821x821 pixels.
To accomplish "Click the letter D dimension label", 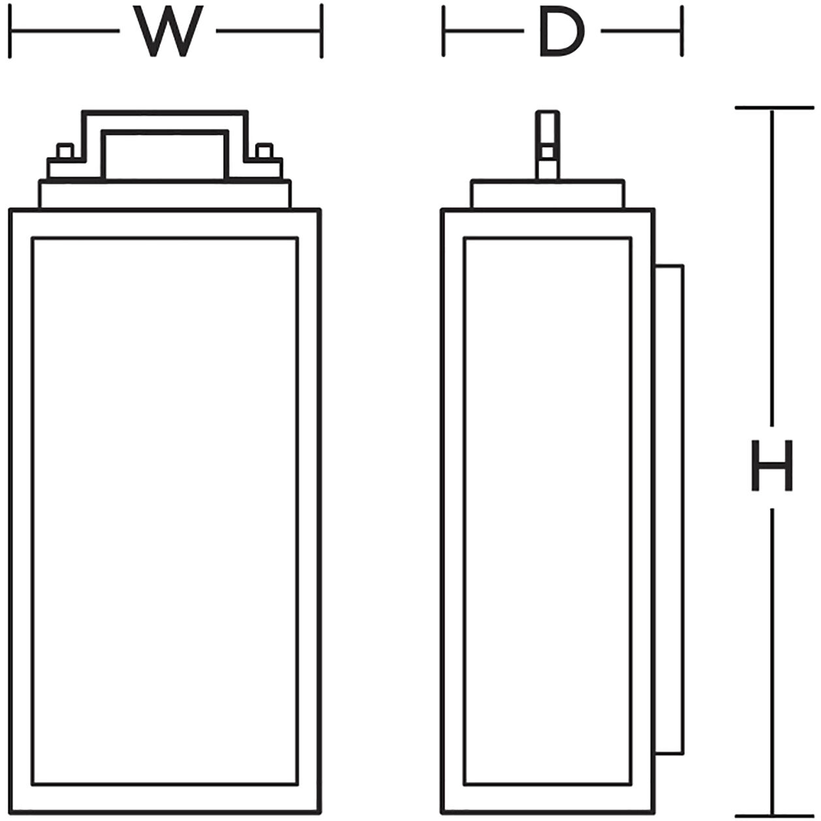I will [x=561, y=31].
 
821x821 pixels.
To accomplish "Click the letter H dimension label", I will [x=772, y=466].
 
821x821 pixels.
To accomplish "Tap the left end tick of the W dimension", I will [x=10, y=31].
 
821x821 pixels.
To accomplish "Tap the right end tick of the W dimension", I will [x=321, y=31].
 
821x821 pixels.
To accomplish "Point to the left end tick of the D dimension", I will [x=443, y=31].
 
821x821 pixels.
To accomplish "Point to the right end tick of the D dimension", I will [x=682, y=31].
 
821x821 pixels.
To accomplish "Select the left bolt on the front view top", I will [x=64, y=151].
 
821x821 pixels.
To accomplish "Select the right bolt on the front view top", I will [x=264, y=151].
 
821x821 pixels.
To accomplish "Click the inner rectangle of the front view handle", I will [x=164, y=155].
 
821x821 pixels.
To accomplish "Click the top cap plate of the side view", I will [x=547, y=194].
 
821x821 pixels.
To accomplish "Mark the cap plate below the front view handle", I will [x=164, y=194].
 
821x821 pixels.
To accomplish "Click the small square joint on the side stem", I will [x=547, y=153].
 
